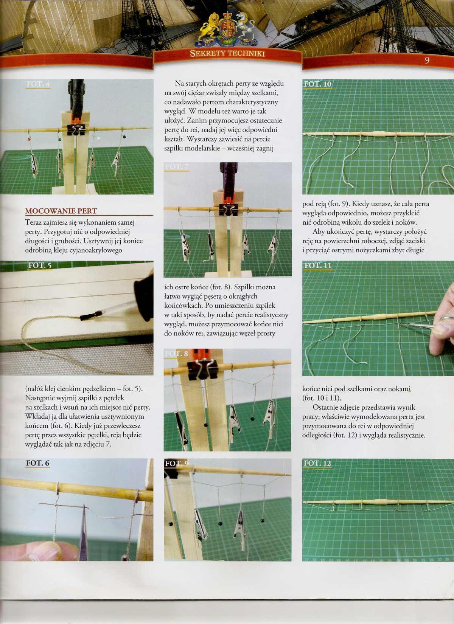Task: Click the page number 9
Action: click(x=427, y=60)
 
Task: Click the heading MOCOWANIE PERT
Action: click(x=61, y=211)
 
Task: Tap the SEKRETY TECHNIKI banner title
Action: click(x=227, y=53)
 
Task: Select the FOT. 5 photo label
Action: click(x=40, y=265)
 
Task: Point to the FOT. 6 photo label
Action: click(x=37, y=463)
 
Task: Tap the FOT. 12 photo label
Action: click(x=317, y=463)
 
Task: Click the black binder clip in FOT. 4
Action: click(x=76, y=130)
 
